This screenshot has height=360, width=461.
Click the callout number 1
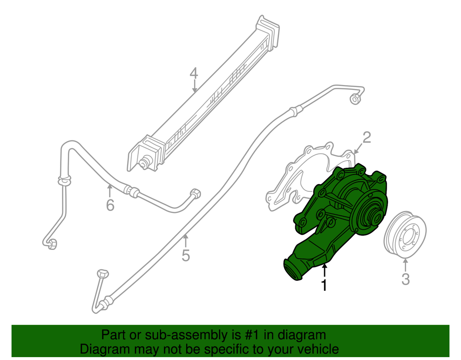(325, 285)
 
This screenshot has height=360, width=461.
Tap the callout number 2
(366, 138)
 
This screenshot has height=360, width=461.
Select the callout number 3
(406, 279)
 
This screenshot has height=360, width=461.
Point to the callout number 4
(194, 74)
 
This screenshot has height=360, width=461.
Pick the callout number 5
(186, 255)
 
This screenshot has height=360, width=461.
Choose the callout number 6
(110, 206)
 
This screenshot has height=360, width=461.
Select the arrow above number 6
(109, 190)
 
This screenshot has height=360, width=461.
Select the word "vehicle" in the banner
(316, 349)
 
